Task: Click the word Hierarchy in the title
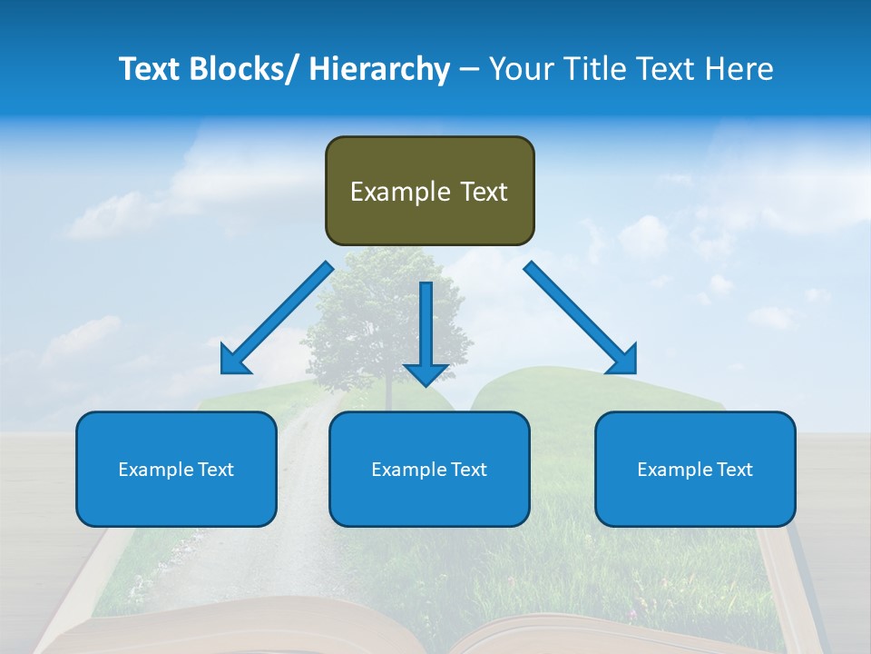coord(378,70)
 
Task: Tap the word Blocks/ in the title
coord(240,70)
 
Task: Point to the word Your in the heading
coord(520,70)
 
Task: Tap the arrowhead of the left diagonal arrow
coord(234,361)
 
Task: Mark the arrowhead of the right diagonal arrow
coord(623,361)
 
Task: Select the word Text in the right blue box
coord(734,470)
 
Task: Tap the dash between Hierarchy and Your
coord(469,70)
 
